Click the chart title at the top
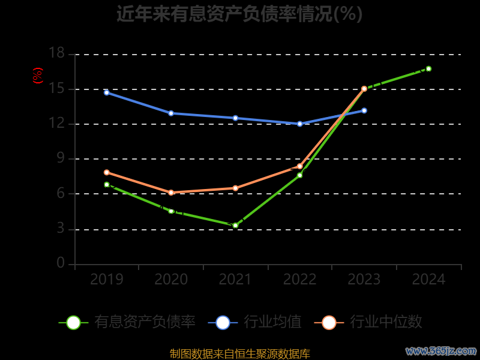point(239,13)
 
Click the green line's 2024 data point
point(428,68)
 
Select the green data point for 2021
point(235,226)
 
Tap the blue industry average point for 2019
point(107,92)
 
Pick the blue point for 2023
point(364,110)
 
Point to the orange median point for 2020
point(171,193)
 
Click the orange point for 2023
point(364,89)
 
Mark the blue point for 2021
point(235,118)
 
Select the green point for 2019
point(107,185)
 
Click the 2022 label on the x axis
point(299,280)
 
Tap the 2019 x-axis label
point(107,280)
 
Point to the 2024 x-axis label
point(428,280)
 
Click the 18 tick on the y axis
point(56,54)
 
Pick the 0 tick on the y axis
point(60,263)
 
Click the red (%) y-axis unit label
point(38,76)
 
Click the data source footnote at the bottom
point(239,353)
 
